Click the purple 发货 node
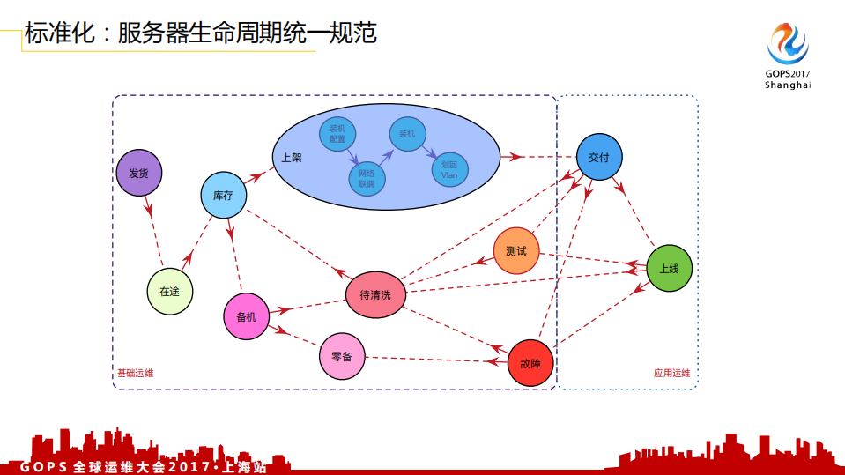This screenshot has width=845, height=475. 138,173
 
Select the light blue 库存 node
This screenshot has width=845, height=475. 223,196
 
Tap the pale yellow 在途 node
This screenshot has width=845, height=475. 169,291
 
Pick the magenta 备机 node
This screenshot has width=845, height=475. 247,316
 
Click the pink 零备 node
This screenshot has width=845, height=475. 342,357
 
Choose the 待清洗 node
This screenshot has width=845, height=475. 375,295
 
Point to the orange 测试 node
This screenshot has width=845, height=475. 515,251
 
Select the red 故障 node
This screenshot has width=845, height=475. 530,362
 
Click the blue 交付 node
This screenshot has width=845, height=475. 600,157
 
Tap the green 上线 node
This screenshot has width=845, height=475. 670,268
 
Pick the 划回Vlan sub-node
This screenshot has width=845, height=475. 449,169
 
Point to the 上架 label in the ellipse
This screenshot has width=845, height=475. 292,159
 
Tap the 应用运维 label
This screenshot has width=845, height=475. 671,374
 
